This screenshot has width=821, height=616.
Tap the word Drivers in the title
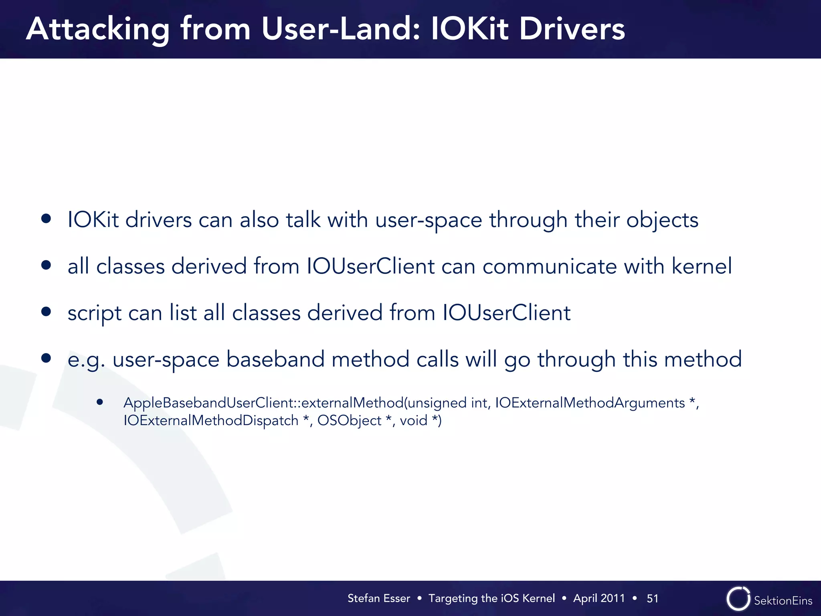pos(572,29)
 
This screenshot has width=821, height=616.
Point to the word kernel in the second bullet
pos(702,266)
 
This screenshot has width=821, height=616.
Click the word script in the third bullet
pos(94,313)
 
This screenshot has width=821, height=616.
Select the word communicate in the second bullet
pos(550,266)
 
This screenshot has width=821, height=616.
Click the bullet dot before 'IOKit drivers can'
pos(46,218)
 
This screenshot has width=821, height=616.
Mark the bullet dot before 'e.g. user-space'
pos(46,358)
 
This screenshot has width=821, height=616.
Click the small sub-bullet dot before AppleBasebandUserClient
pos(100,402)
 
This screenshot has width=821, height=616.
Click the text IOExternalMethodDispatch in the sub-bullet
pos(211,420)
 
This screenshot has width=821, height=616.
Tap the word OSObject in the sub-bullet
pos(349,420)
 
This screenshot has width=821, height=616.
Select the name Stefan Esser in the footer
pos(378,598)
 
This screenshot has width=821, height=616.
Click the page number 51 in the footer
pos(652,598)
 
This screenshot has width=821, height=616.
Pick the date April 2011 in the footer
pos(599,598)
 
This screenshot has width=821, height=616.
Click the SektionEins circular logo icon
pos(738,599)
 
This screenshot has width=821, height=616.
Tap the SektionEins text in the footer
pos(783,600)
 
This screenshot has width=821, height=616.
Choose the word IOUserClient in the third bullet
pos(506,313)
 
